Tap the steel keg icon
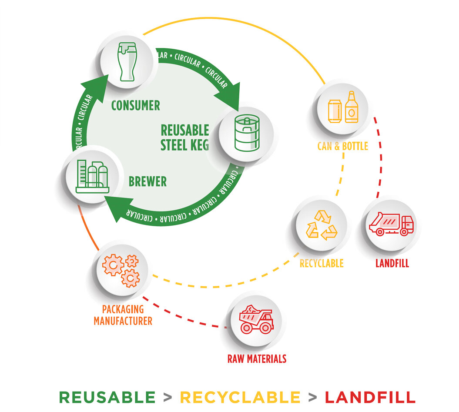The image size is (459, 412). click(x=246, y=133)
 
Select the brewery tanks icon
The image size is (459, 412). click(x=91, y=176)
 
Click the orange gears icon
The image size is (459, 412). click(x=121, y=270)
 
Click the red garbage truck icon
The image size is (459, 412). click(x=391, y=224)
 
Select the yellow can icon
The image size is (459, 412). click(x=335, y=111)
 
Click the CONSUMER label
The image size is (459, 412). click(x=136, y=105)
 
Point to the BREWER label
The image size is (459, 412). click(x=147, y=181)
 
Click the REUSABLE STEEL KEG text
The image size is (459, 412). click(x=185, y=137)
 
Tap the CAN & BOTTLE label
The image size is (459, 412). click(x=342, y=146)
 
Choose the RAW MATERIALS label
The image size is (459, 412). click(x=257, y=359)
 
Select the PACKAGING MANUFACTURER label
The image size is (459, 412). click(x=123, y=315)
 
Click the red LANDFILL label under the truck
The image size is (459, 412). click(x=392, y=263)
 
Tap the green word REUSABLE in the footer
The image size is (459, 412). click(x=107, y=397)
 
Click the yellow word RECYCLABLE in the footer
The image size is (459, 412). click(x=240, y=397)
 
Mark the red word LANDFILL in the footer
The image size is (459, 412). click(x=370, y=397)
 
